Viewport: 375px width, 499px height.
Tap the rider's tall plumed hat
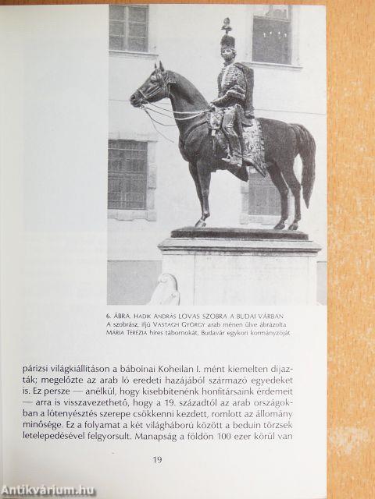coord(227,39)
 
